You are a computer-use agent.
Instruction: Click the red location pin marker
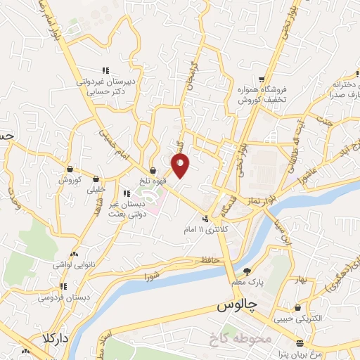pyautogui.click(x=181, y=165)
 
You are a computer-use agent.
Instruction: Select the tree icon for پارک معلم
pyautogui.click(x=246, y=271)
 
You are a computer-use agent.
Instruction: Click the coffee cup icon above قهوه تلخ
pyautogui.click(x=153, y=169)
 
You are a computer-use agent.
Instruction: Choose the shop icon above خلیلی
pyautogui.click(x=96, y=179)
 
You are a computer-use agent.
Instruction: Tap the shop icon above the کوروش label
pyautogui.click(x=70, y=169)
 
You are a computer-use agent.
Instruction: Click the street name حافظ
pyautogui.click(x=212, y=260)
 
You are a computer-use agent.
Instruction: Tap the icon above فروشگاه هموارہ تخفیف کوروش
pyautogui.click(x=262, y=79)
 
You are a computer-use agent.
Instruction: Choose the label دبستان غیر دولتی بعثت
pyautogui.click(x=127, y=205)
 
